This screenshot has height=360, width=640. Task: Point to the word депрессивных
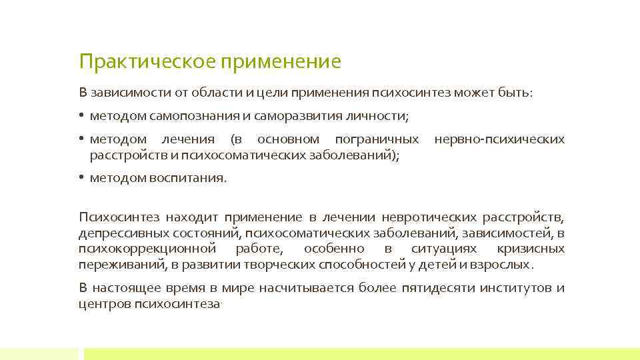tap(119, 233)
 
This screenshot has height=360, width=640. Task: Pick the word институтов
tap(513, 288)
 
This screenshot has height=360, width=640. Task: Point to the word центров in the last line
tap(103, 304)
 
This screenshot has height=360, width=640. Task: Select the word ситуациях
tap(444, 249)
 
